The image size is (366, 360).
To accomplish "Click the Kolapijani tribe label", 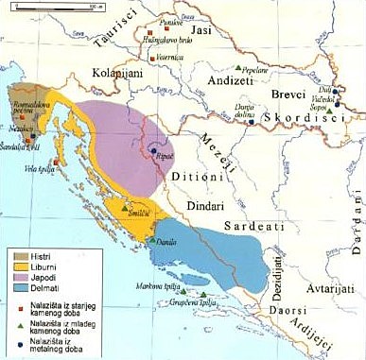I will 117,71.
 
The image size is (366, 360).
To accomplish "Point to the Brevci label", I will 288,97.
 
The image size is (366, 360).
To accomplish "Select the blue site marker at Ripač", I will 153,148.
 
